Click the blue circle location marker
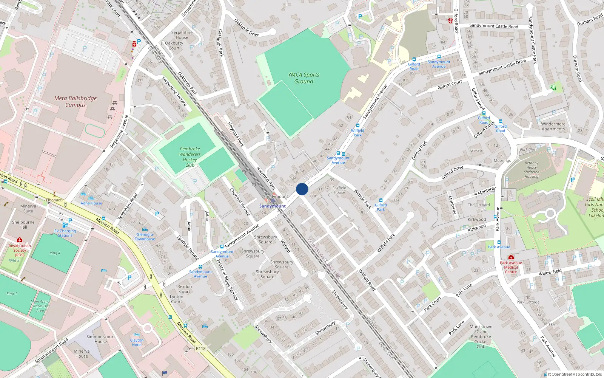pos(302,189)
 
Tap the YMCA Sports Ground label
pos(304,78)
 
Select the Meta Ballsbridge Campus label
pos(75,101)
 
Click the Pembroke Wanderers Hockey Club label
pos(190,157)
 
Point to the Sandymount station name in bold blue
pos(272,206)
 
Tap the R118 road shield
pos(201,349)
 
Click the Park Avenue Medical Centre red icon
pos(511,257)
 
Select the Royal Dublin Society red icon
pos(20,240)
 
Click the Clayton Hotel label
pos(137,342)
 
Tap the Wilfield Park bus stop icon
pos(358,125)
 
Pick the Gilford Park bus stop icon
pos(381,200)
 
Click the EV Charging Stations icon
pos(65,225)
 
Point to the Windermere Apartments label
pos(553,126)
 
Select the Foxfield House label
pos(339,190)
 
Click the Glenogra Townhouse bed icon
pos(145,229)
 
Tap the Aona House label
pos(91,203)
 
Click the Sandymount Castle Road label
pos(493,26)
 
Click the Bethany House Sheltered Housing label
pos(531,170)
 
